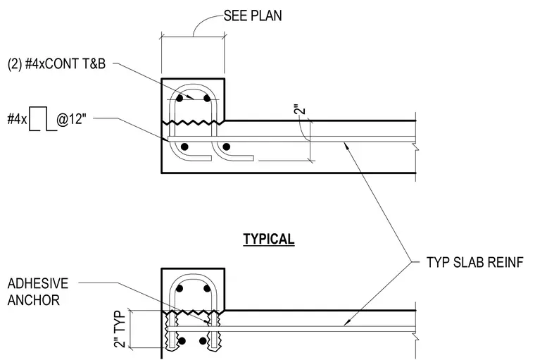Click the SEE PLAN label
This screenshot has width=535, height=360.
pos(253,15)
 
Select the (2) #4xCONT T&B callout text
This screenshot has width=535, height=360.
pos(56,64)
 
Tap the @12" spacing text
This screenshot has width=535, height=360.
pos(71,119)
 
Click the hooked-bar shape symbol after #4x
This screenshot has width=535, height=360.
pos(42,119)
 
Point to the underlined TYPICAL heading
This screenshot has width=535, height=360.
pos(269,239)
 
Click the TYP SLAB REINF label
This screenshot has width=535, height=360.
pos(474,262)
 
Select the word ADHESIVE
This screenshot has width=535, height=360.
pos(38,283)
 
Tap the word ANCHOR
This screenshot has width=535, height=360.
pos(34,300)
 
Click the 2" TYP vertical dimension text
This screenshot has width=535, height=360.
pos(120,329)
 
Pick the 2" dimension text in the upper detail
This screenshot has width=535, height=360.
pos(301,111)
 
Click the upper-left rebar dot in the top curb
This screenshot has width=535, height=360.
pos(180,99)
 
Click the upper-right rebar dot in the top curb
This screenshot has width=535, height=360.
pos(207,99)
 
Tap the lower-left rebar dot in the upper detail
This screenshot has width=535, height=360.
pos(184,147)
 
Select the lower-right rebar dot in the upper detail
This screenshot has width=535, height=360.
pos(226,147)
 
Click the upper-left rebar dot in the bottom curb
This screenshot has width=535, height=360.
pos(180,289)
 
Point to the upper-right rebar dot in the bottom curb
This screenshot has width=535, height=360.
pos(207,289)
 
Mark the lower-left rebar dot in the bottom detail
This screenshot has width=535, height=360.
pos(182,341)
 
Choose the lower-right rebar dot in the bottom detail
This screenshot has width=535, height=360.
pos(203,341)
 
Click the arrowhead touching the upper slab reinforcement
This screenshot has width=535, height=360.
pos(346,145)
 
